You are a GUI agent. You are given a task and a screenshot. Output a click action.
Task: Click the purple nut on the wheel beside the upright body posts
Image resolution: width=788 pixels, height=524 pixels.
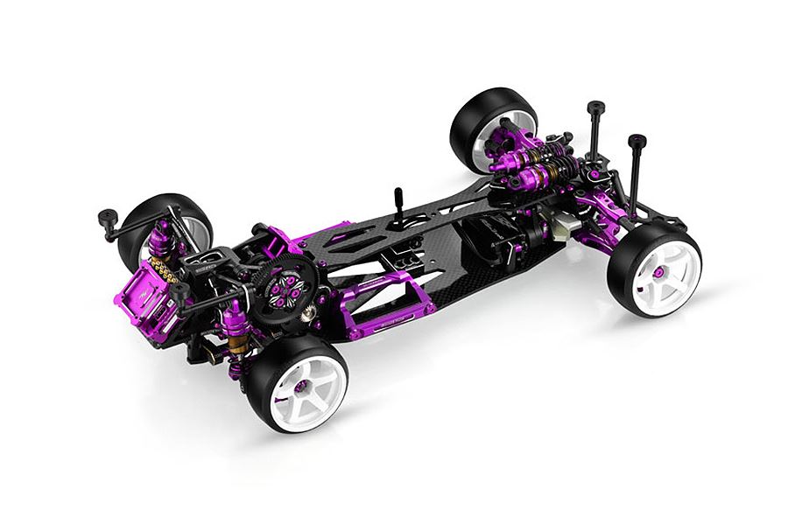(658, 272)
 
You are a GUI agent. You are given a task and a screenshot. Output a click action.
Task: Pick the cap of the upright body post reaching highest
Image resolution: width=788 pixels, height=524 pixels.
(596, 108)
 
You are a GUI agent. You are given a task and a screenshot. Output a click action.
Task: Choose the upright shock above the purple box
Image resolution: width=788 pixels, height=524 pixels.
(162, 238)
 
